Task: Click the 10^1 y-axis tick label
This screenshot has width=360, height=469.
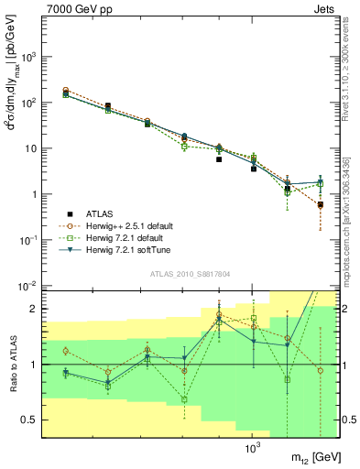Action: pos(30,148)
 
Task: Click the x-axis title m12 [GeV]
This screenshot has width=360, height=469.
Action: pos(311,457)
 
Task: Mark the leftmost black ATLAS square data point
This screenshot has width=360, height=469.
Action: pos(65,93)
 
